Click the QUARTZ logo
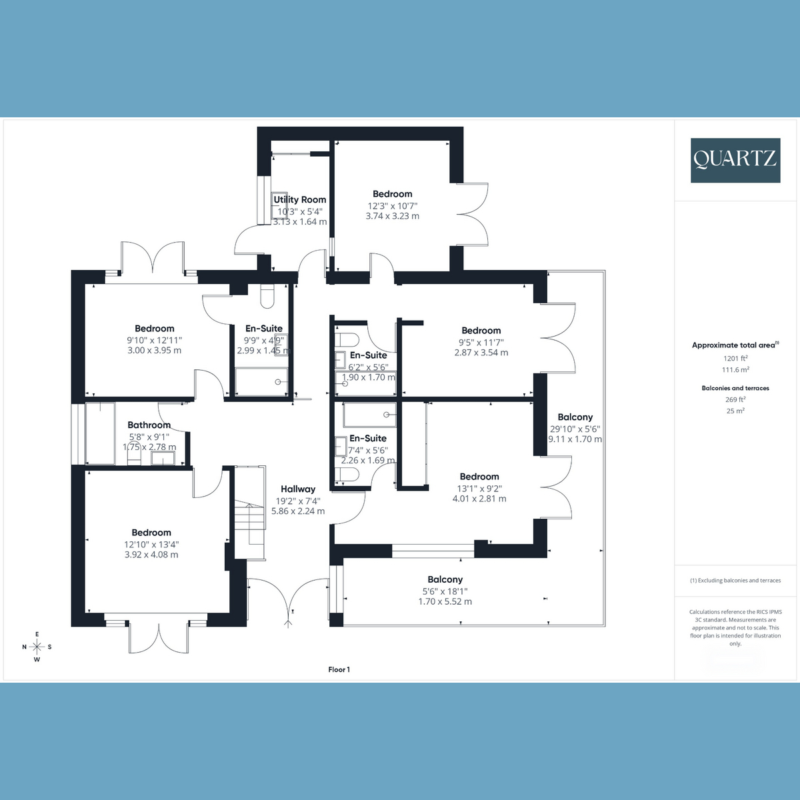(735, 160)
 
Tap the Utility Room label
(300, 199)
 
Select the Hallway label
(298, 489)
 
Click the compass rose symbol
(37, 647)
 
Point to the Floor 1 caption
(339, 669)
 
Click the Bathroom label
(149, 425)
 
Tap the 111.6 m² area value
(735, 369)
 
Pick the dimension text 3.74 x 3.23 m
(393, 216)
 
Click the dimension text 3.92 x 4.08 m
(151, 555)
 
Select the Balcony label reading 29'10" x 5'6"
(575, 417)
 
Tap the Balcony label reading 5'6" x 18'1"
(445, 580)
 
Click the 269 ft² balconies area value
(735, 399)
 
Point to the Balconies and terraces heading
(735, 388)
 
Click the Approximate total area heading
(734, 345)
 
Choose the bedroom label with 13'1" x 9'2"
(479, 477)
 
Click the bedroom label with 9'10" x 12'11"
(154, 329)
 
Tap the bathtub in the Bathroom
(100, 433)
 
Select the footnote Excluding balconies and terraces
(735, 581)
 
